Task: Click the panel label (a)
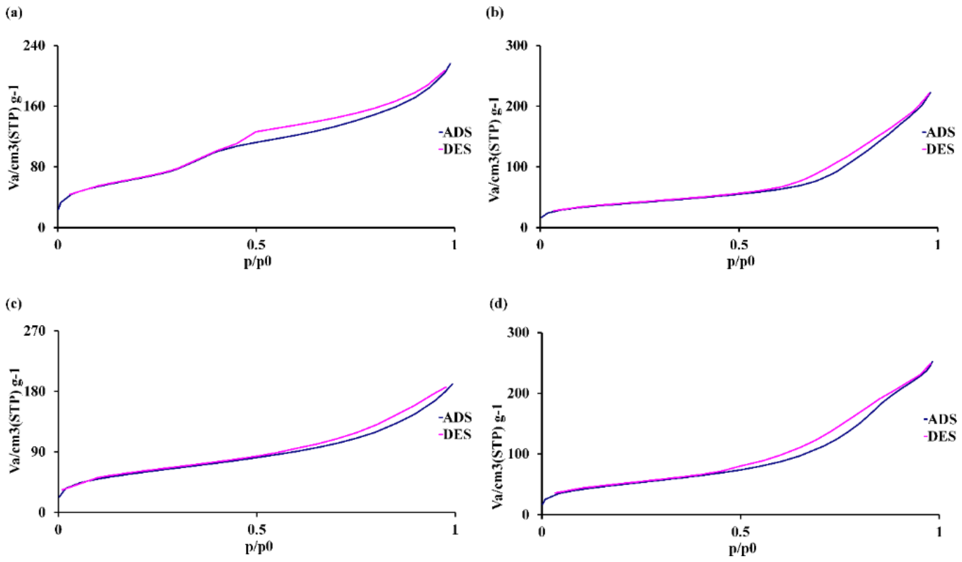[x=14, y=13]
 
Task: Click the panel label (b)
[x=495, y=13]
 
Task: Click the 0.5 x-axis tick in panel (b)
[x=739, y=245]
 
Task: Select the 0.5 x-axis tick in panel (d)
[x=741, y=532]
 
